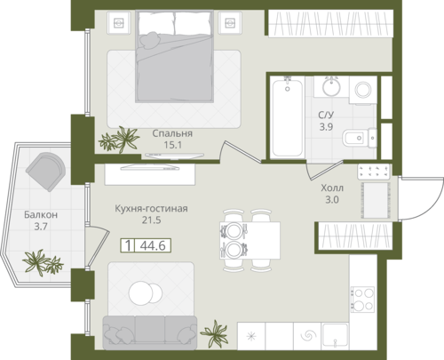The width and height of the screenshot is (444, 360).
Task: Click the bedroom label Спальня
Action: (x=172, y=133)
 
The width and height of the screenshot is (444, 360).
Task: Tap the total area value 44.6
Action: (x=153, y=245)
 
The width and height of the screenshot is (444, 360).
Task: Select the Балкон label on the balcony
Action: (x=41, y=214)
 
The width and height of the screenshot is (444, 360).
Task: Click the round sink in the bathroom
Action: (x=331, y=87)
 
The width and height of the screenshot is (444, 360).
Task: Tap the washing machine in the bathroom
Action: (x=363, y=90)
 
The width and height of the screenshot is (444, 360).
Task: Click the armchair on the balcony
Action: (x=45, y=172)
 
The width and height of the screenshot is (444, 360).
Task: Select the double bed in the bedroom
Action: (x=175, y=56)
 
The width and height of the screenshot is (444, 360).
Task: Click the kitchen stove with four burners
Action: (x=363, y=300)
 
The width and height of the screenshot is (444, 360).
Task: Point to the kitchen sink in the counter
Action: (x=336, y=335)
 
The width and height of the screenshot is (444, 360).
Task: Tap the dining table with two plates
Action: (x=250, y=240)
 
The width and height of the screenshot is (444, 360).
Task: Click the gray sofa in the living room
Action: (x=150, y=332)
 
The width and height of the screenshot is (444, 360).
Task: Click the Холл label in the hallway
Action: (x=332, y=188)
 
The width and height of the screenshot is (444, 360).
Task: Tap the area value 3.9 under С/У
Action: (x=326, y=127)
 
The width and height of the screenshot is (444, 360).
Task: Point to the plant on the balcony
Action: (x=43, y=262)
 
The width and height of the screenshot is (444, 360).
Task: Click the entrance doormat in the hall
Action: (x=376, y=200)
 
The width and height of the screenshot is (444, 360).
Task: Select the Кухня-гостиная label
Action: (x=151, y=209)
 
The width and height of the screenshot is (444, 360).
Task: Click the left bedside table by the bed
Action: (x=119, y=22)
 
